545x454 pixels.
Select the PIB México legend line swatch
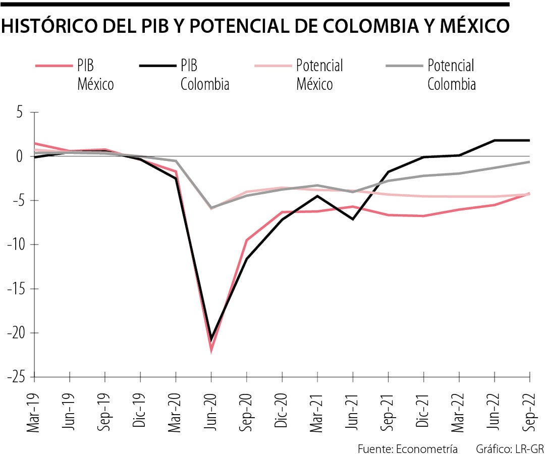(x=53, y=66)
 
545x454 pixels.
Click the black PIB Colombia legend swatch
(x=156, y=66)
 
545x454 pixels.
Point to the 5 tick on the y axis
(x=20, y=112)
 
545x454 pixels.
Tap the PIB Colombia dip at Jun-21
(x=353, y=219)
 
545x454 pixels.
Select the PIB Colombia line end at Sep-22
(x=529, y=140)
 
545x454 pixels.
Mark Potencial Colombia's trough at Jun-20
(x=211, y=207)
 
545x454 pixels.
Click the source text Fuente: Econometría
(x=408, y=449)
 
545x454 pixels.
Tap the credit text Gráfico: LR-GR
(x=510, y=449)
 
